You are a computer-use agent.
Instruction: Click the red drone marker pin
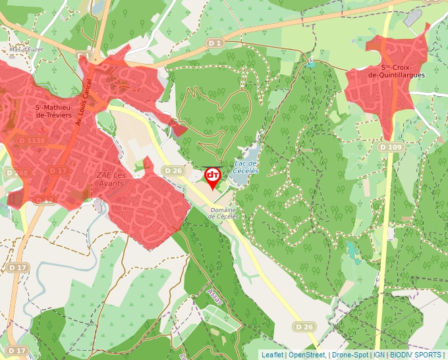pyautogui.click(x=212, y=176)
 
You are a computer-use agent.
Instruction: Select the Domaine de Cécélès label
pyautogui.click(x=223, y=213)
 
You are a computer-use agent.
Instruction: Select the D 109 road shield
pyautogui.click(x=391, y=147)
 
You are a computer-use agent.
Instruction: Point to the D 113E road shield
pyautogui.click(x=32, y=140)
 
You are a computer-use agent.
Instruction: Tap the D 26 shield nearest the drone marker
pyautogui.click(x=173, y=170)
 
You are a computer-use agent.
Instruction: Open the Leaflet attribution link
pyautogui.click(x=272, y=355)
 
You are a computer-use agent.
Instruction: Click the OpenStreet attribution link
pyautogui.click(x=307, y=355)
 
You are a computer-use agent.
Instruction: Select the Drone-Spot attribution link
pyautogui.click(x=350, y=355)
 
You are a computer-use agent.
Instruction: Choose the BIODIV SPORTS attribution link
pyautogui.click(x=416, y=355)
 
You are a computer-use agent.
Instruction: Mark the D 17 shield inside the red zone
pyautogui.click(x=58, y=170)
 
